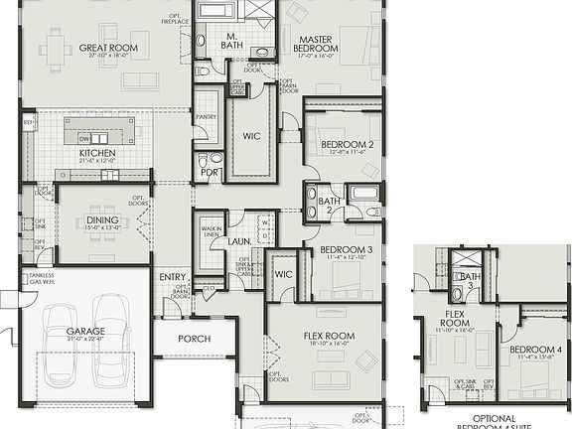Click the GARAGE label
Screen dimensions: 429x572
[x=85, y=332]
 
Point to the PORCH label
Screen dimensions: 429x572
[x=195, y=339]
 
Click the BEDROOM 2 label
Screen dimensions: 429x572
[x=347, y=145]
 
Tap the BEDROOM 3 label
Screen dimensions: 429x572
[x=347, y=248]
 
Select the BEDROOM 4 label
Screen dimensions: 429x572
[x=535, y=350]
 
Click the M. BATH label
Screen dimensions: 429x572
[x=232, y=45]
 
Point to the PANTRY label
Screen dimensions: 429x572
[x=206, y=116]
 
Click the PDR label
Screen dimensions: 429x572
[x=209, y=171]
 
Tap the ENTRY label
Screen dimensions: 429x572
[x=172, y=277]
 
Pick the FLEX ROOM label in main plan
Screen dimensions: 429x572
[x=328, y=337]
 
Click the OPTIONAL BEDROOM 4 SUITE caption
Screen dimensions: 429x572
[x=493, y=422]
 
